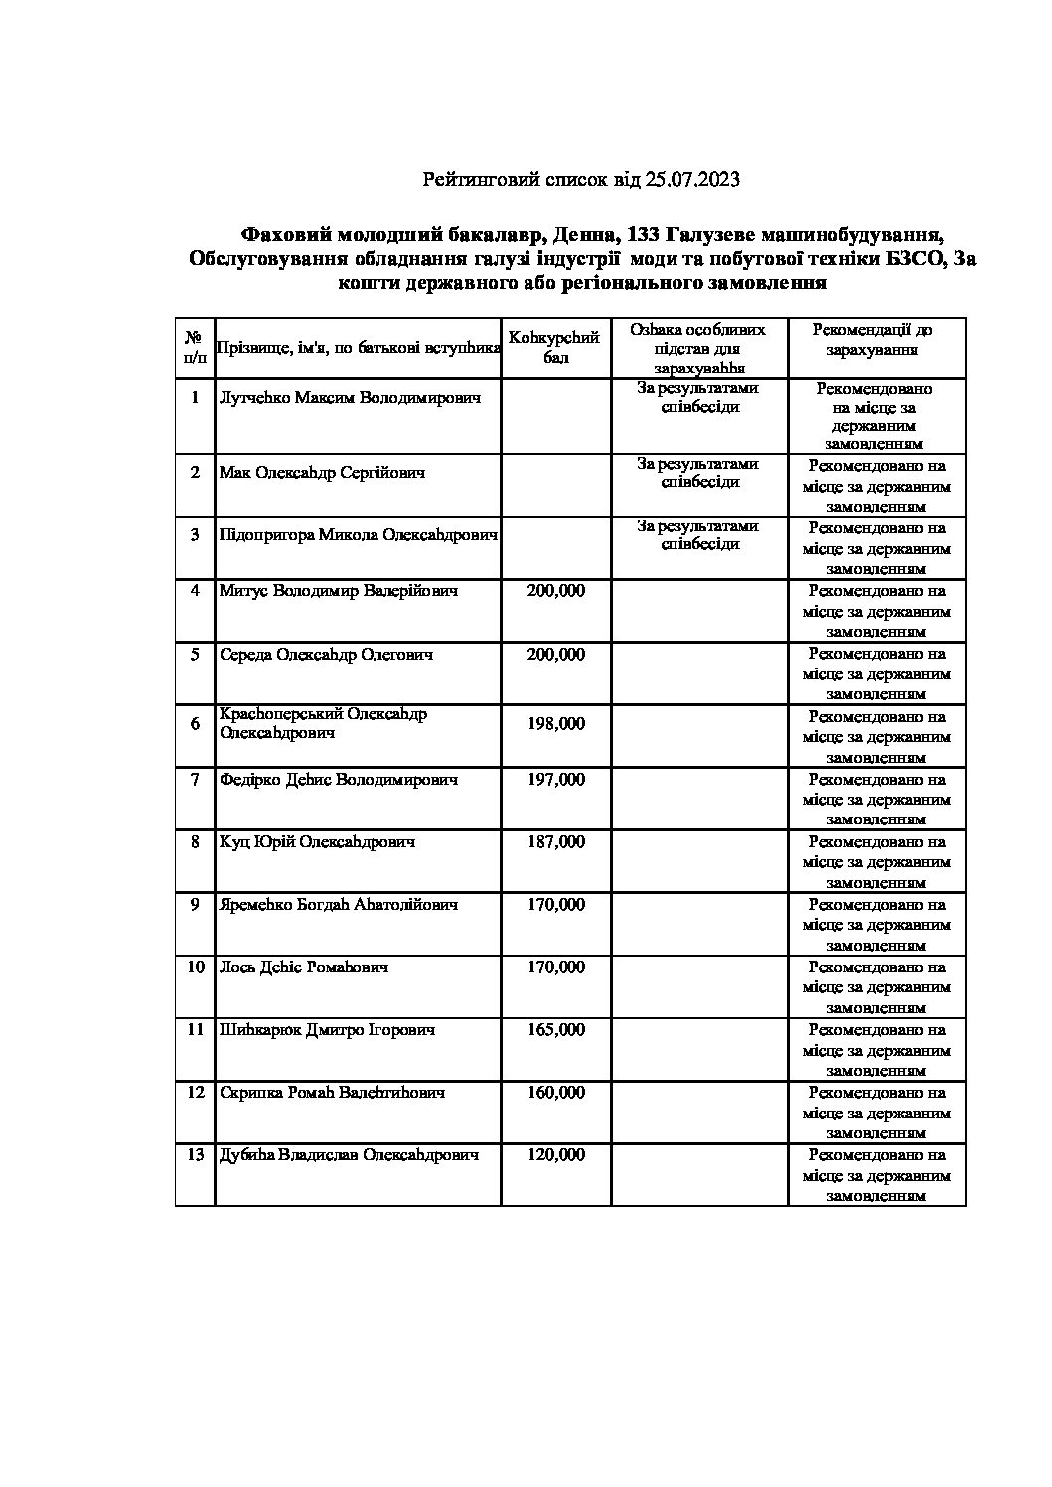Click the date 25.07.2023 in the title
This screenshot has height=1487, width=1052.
point(692,180)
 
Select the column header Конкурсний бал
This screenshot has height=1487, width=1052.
point(556,347)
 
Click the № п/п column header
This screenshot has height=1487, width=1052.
point(195,347)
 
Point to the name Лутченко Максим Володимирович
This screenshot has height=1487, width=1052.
point(350,398)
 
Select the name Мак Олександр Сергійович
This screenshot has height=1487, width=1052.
point(322,473)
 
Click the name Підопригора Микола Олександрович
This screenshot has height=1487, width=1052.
point(358,535)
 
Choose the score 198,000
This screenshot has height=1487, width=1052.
point(556,724)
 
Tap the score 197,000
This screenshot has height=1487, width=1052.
point(556,780)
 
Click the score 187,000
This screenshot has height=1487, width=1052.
point(556,842)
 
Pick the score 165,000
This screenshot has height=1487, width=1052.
point(556,1030)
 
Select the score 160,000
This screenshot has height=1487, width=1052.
point(556,1093)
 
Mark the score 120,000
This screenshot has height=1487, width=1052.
point(556,1155)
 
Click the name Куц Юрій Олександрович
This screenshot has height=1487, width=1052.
point(317,842)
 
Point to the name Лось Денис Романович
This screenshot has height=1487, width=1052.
point(303,967)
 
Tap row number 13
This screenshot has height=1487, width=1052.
point(195,1155)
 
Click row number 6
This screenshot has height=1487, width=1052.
point(195,724)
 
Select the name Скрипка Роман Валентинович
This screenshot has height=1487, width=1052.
point(332,1093)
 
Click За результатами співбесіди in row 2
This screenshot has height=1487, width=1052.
point(698,473)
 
